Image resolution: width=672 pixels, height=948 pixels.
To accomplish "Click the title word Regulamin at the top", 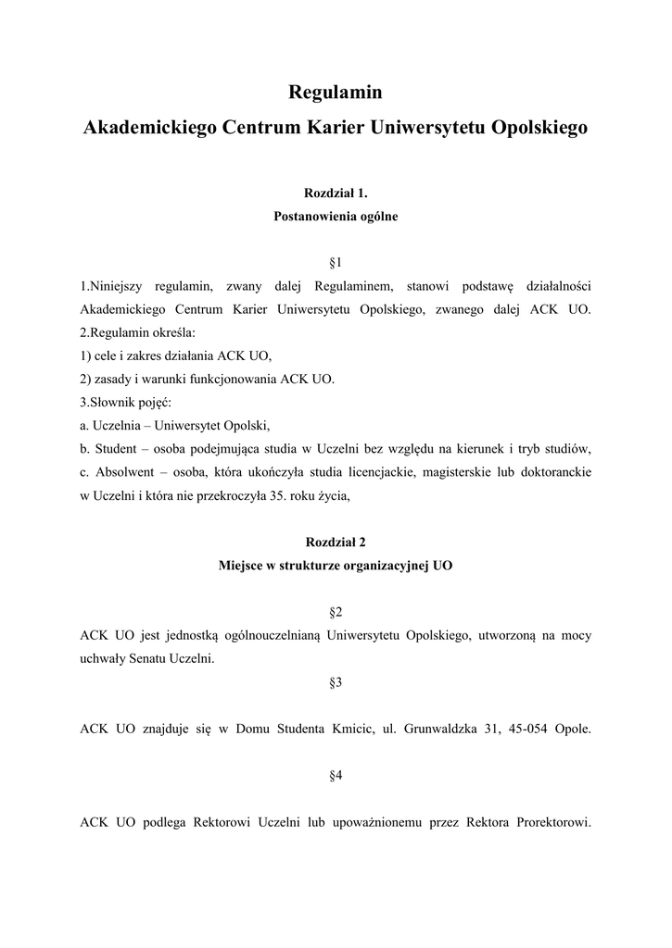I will (336, 93).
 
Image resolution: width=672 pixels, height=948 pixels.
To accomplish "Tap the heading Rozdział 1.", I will (336, 193).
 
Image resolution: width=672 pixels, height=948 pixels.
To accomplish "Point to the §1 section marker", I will (336, 263).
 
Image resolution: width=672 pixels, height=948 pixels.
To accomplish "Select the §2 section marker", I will (336, 613).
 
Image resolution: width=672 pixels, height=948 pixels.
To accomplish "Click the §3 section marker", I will (336, 682).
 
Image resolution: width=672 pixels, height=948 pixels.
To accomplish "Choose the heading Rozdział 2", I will (336, 543).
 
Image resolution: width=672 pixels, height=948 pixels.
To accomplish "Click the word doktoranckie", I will (554, 472).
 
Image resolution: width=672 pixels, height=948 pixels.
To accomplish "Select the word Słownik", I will (112, 403).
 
